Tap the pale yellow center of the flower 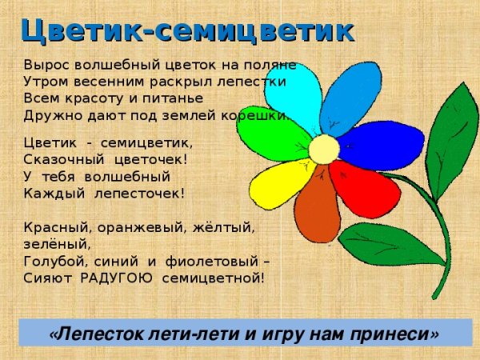324,149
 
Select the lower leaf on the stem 384,243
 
